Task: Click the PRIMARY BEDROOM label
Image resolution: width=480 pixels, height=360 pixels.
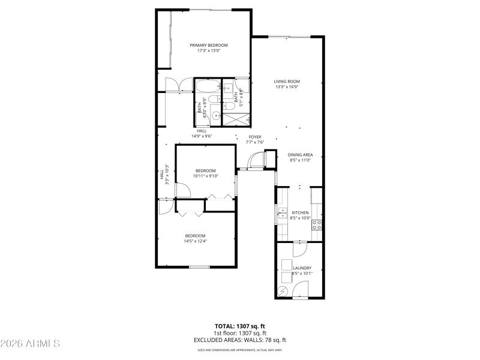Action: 209,45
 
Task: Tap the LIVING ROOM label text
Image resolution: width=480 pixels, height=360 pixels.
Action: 287,82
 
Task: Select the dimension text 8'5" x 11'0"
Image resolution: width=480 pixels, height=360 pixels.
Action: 301,160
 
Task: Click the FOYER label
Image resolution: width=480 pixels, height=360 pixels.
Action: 255,137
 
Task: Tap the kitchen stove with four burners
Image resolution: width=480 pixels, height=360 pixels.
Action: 317,226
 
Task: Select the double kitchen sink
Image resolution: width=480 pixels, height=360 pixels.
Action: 281,214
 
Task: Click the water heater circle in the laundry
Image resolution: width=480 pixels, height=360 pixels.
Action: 283,292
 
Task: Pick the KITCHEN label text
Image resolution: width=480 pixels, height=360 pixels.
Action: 300,212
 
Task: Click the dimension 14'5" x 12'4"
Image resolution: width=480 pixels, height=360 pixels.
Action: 196,241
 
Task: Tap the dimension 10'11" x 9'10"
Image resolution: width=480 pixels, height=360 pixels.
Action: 205,176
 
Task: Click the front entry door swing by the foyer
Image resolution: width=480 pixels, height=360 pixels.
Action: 257,160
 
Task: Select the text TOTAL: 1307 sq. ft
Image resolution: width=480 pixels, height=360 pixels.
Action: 239,326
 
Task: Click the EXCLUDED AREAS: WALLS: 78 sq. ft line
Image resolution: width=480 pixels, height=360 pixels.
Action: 239,340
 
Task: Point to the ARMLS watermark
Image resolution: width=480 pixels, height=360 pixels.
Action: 30,344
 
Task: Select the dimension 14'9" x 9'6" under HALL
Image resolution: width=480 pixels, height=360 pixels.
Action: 202,136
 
